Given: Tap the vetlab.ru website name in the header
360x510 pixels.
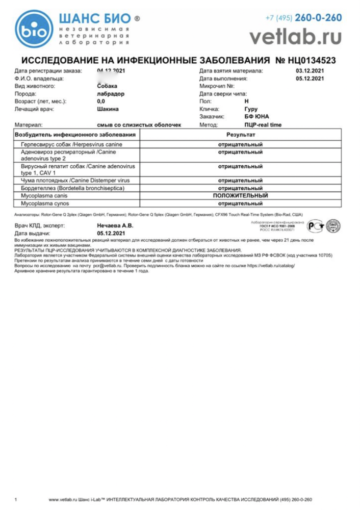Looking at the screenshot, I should pyautogui.click(x=296, y=36).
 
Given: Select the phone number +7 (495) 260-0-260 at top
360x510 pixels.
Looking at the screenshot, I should pyautogui.click(x=303, y=18).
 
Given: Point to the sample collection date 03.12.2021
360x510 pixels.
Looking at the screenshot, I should pyautogui.click(x=310, y=71).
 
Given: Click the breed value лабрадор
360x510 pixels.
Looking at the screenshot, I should pyautogui.click(x=111, y=94).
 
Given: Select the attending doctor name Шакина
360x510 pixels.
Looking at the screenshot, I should pyautogui.click(x=108, y=109).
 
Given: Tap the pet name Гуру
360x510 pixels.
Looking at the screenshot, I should pyautogui.click(x=251, y=109).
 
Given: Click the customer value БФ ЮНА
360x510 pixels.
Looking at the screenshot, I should pyautogui.click(x=256, y=117).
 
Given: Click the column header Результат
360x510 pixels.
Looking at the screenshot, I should pyautogui.click(x=241, y=135).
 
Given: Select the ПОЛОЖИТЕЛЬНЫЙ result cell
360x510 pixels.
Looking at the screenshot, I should pyautogui.click(x=241, y=195).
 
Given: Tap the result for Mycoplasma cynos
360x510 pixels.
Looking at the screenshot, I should pyautogui.click(x=241, y=203).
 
